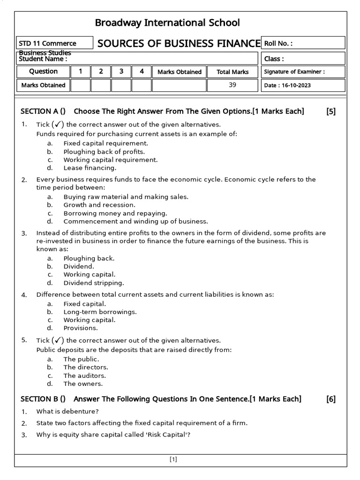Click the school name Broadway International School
[x=167, y=22]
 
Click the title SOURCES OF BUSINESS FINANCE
[x=179, y=44]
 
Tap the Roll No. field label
[x=278, y=44]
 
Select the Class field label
[x=274, y=59]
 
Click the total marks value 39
[x=232, y=85]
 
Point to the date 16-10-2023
[x=287, y=86]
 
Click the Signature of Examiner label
[x=294, y=72]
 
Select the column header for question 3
[x=121, y=72]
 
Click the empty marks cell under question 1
[x=81, y=85]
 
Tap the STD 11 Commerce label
[x=47, y=44]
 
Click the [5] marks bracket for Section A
[x=331, y=111]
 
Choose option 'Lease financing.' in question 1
[x=90, y=168]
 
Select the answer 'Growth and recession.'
[x=99, y=205]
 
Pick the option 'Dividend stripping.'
[x=94, y=283]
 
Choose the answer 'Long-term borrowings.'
[x=100, y=312]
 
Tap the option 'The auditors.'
[x=85, y=375]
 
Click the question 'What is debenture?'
[x=67, y=412]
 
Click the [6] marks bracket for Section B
[x=331, y=399]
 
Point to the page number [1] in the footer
[x=173, y=459]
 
